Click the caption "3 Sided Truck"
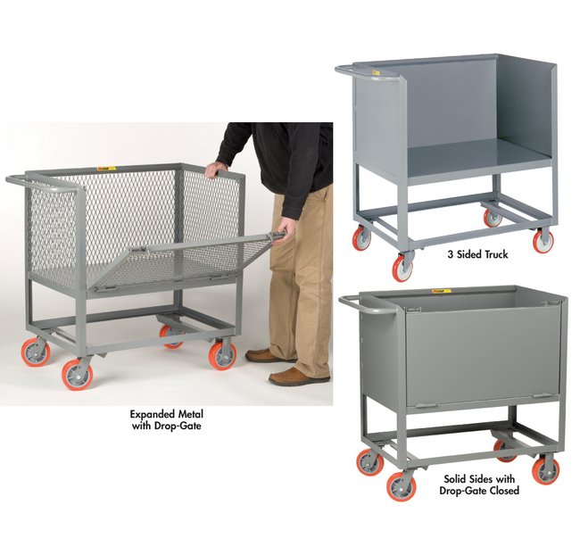click(x=477, y=254)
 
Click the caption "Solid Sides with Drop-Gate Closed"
click(x=479, y=485)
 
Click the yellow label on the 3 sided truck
click(x=376, y=71)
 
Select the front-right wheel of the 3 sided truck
click(x=543, y=240)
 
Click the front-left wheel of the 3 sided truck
click(x=404, y=267)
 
